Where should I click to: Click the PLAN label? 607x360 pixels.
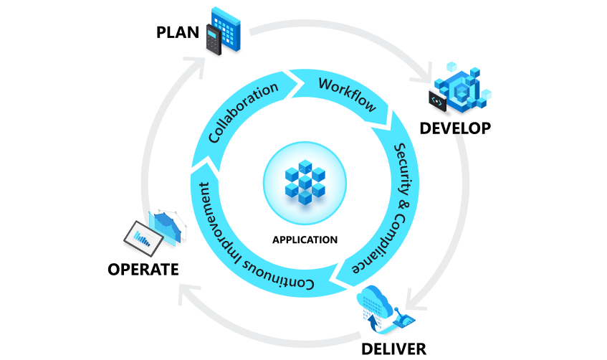pyautogui.click(x=179, y=33)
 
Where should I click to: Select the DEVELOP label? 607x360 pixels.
pyautogui.click(x=455, y=128)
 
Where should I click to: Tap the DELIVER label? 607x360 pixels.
pyautogui.click(x=393, y=349)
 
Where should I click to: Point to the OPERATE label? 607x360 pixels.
pyautogui.click(x=143, y=270)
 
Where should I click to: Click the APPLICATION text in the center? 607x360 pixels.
pyautogui.click(x=305, y=240)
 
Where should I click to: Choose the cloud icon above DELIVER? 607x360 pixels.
pyautogui.click(x=377, y=302)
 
